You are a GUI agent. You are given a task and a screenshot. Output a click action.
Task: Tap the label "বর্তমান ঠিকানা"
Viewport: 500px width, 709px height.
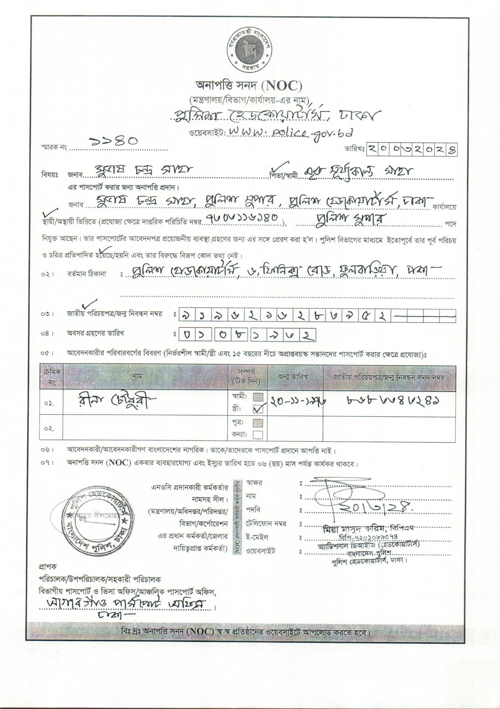point(87,274)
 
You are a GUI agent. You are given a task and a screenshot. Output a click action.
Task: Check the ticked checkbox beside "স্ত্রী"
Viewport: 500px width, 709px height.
point(258,409)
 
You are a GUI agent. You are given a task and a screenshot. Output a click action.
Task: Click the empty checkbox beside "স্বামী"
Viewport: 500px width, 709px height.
point(258,397)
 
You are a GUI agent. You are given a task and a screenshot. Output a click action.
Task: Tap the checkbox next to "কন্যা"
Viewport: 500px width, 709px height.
point(258,435)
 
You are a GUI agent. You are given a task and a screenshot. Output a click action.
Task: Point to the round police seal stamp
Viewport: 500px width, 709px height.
point(95,522)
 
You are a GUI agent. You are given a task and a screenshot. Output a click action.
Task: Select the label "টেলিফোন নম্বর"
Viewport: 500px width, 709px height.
point(266,524)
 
